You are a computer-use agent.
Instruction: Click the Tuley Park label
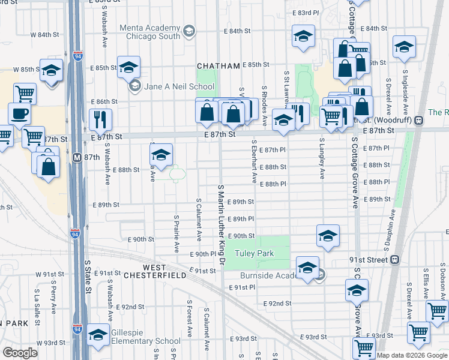[x=254, y=254]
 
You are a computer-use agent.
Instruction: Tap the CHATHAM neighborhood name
[x=219, y=65]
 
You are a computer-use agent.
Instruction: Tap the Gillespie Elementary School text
[x=142, y=341]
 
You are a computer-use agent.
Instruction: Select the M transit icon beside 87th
[x=76, y=157]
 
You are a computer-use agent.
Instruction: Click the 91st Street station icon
[x=394, y=260]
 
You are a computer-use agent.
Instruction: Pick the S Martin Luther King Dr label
[x=221, y=226]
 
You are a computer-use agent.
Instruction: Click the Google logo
[x=20, y=353]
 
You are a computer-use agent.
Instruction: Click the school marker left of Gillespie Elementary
[x=98, y=335]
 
